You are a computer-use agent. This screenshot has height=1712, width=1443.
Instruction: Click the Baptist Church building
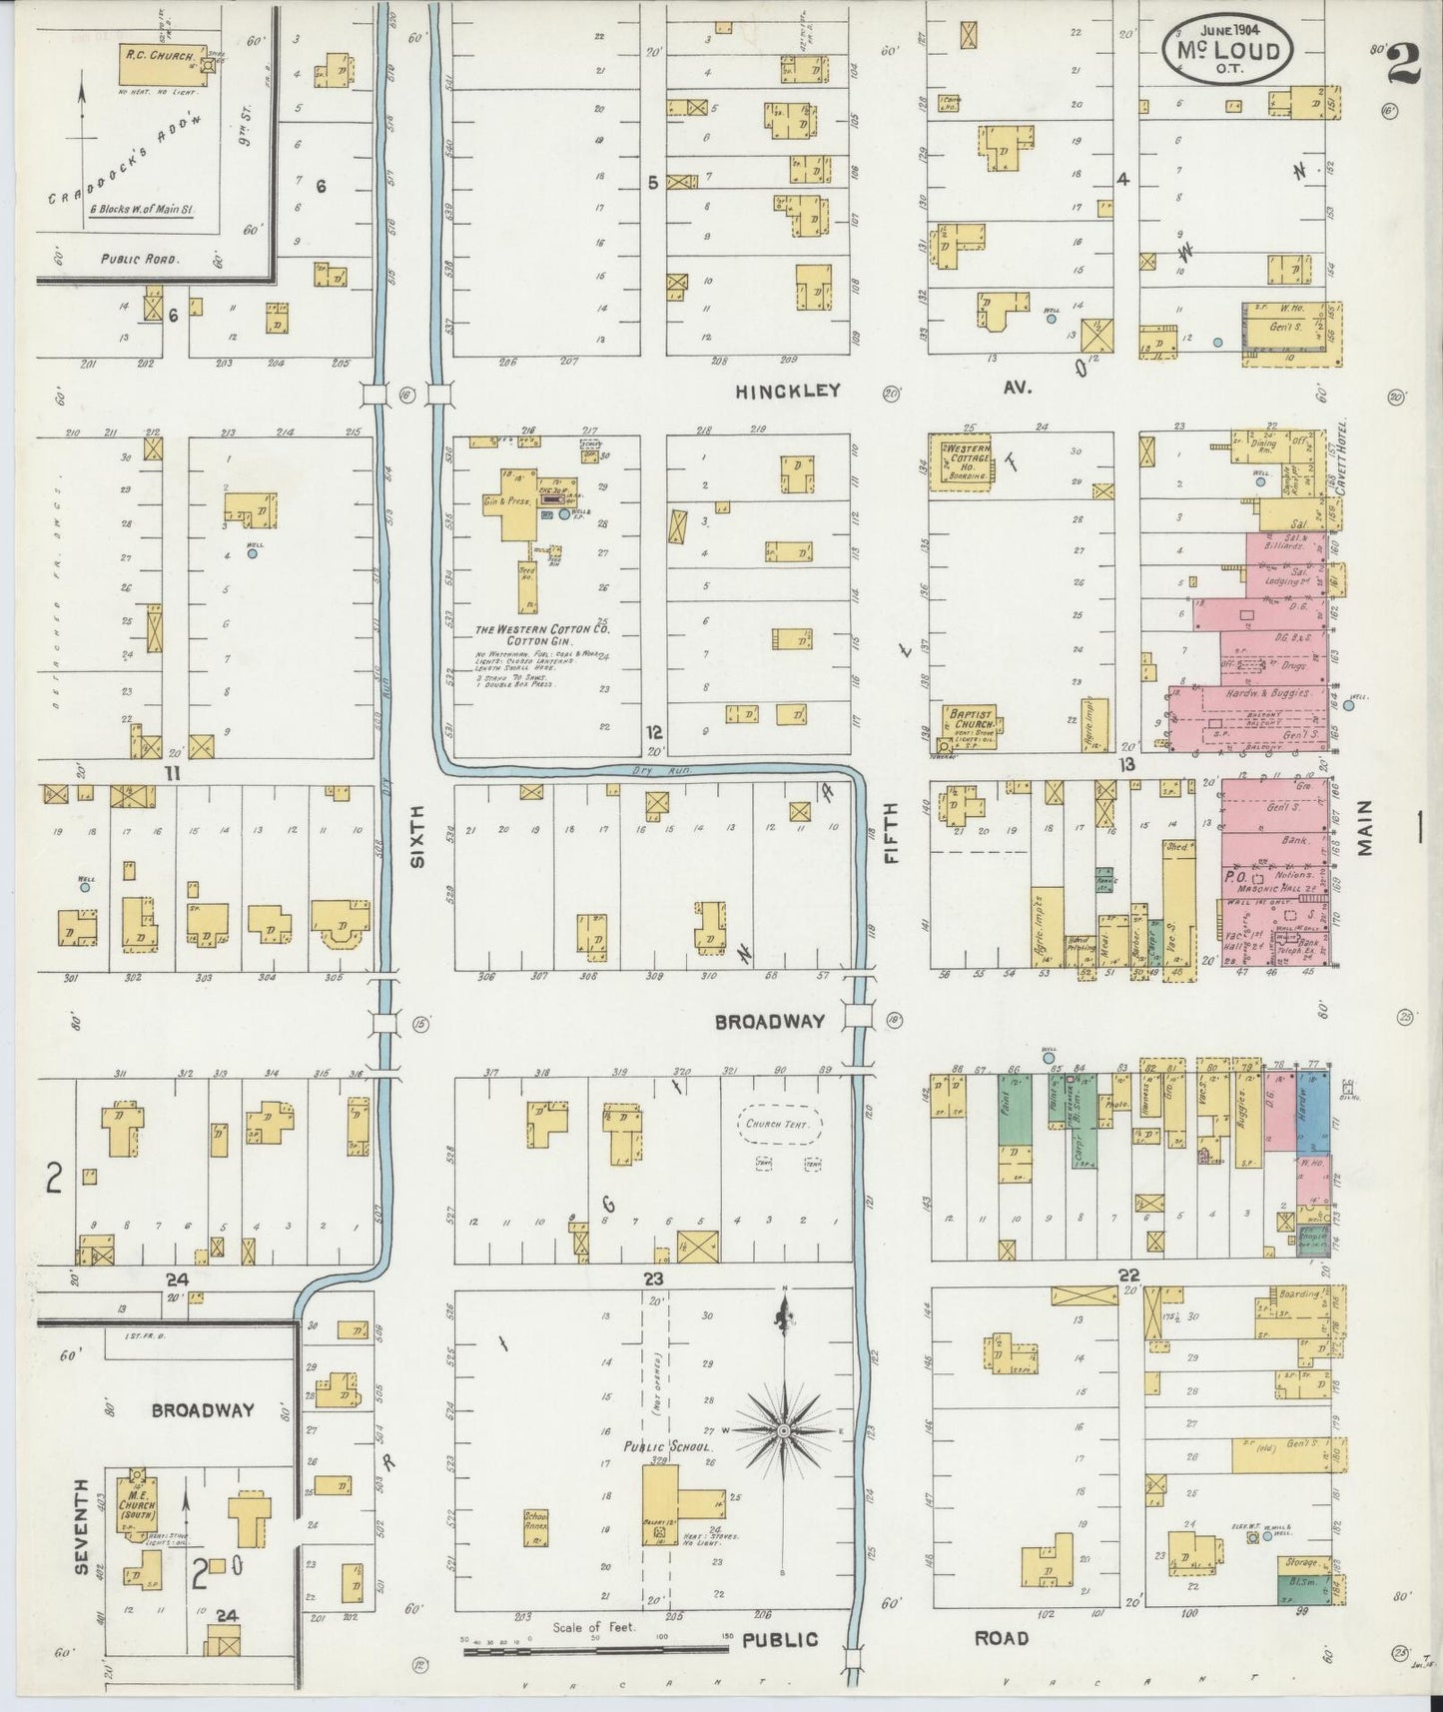(x=969, y=726)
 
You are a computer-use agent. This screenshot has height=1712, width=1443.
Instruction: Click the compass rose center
(x=785, y=1431)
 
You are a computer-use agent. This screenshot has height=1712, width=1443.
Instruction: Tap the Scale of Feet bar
(x=597, y=1652)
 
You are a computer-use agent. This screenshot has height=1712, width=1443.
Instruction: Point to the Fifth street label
(x=891, y=831)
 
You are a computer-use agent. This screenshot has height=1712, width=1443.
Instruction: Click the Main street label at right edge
(x=1366, y=827)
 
